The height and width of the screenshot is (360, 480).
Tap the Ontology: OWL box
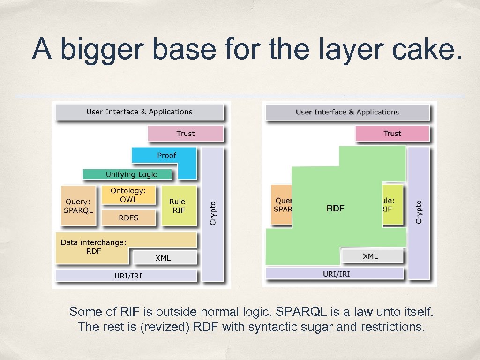click(128, 195)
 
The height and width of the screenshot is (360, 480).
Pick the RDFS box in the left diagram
click(128, 218)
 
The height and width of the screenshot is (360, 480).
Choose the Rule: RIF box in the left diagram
click(179, 206)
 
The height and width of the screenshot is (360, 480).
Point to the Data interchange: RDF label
click(93, 247)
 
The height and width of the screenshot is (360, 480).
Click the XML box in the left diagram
click(163, 258)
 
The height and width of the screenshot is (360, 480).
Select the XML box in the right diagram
click(370, 256)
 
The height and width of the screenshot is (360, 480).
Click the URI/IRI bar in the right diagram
click(336, 273)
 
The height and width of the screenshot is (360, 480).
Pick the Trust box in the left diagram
click(186, 134)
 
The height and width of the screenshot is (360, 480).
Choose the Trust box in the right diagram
click(392, 134)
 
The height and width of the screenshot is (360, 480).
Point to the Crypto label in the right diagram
click(419, 212)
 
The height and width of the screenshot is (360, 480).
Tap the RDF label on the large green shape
click(335, 209)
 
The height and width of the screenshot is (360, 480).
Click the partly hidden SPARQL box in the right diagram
click(282, 205)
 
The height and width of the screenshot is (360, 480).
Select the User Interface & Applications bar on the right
click(347, 112)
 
